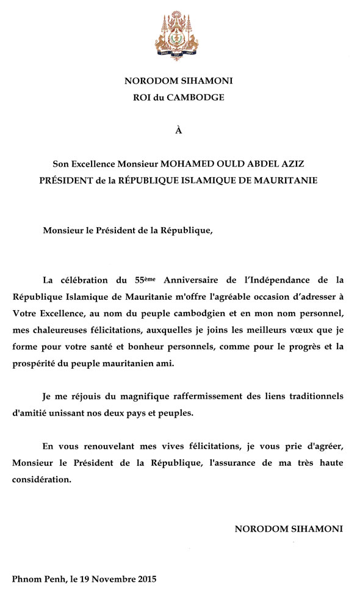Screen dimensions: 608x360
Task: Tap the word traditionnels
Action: [x=311, y=396]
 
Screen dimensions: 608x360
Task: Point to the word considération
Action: [x=41, y=480]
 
